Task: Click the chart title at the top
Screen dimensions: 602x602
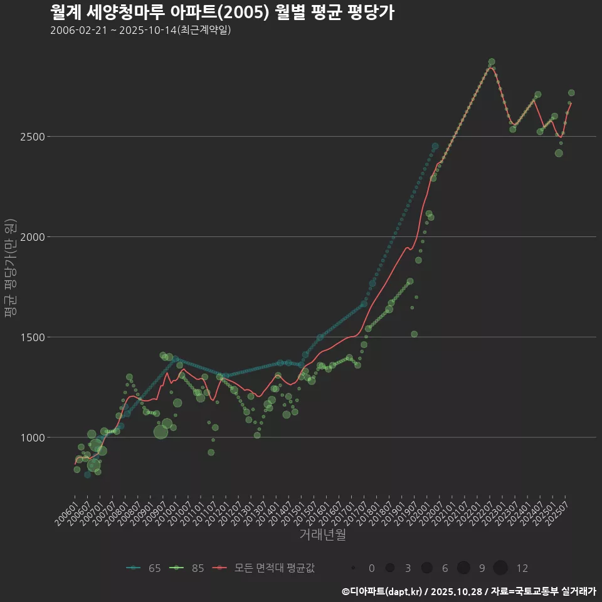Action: tap(222, 12)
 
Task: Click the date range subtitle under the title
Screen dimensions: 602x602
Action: tap(140, 30)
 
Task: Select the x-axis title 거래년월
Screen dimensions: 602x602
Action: tap(322, 534)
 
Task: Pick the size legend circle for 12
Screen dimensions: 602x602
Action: tap(500, 568)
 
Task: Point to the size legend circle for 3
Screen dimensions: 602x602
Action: tap(390, 568)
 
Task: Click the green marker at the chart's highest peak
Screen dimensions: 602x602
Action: tap(492, 62)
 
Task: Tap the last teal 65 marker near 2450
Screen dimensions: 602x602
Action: tap(435, 146)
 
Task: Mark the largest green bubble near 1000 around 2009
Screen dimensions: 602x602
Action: tap(161, 431)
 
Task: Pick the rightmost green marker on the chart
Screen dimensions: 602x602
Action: tap(571, 93)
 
